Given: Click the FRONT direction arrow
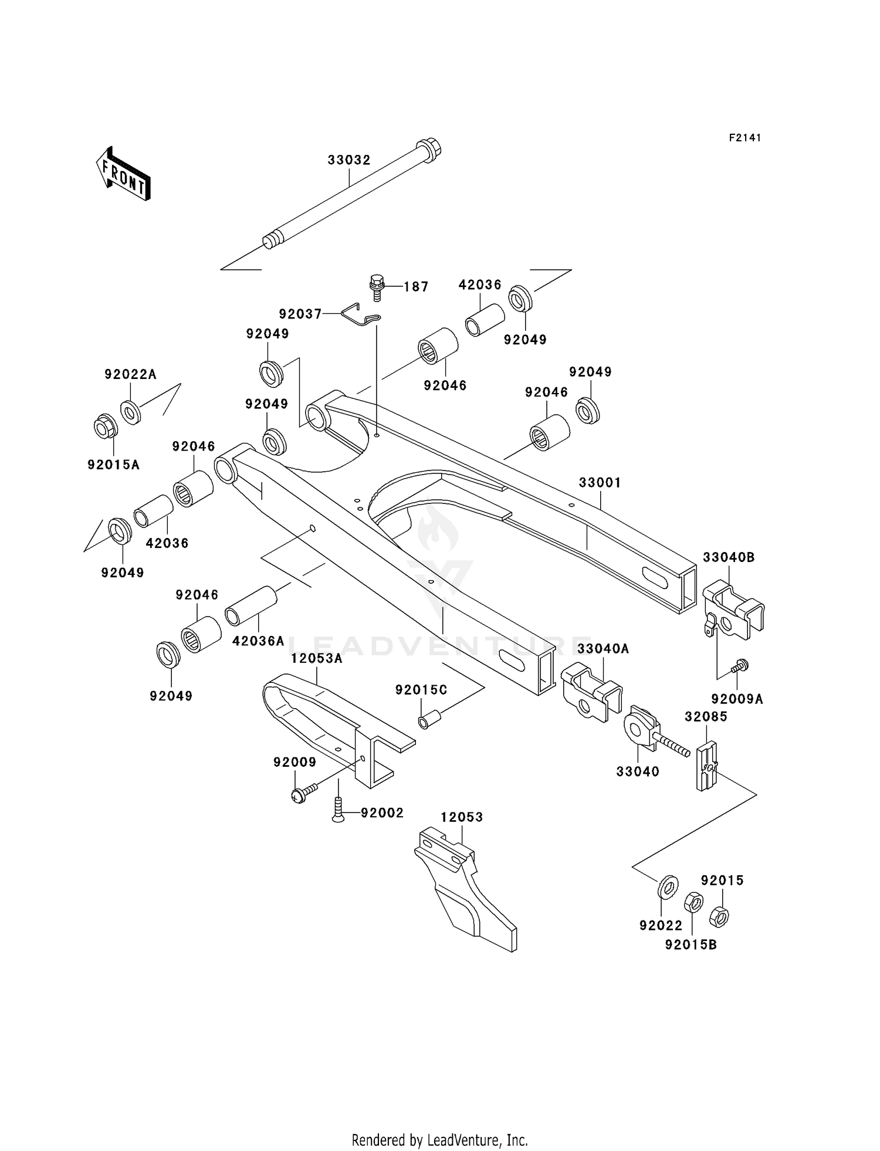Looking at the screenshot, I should [x=124, y=175].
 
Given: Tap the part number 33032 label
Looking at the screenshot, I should [x=349, y=160].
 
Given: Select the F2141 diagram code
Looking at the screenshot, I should [x=745, y=138].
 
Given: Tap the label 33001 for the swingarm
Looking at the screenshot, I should [x=600, y=482].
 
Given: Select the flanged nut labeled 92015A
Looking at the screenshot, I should [x=106, y=426].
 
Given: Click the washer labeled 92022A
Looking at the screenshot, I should [x=131, y=411].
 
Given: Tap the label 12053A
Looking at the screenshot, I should [x=317, y=658].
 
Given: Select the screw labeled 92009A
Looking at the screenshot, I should [x=740, y=666].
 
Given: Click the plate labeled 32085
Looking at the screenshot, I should [x=707, y=766].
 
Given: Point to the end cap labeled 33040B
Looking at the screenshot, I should [x=732, y=611].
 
